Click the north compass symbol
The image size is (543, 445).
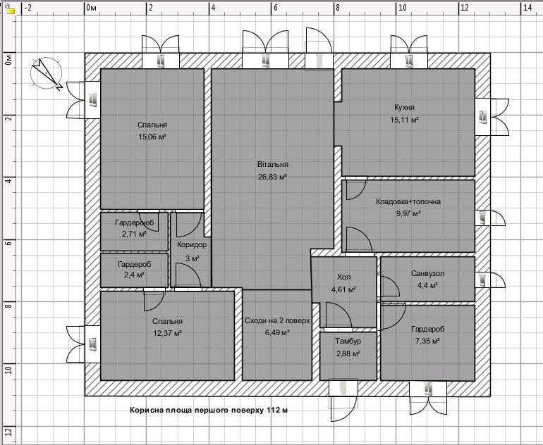tap(47, 73)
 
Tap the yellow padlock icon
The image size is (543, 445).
tap(10, 9)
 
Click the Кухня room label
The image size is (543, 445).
tap(404, 107)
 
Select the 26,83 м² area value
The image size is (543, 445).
tap(272, 177)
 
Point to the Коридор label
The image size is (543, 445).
tap(192, 245)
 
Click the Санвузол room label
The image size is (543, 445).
tap(427, 273)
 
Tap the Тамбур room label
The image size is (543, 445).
tap(348, 341)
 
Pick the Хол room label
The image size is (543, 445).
tap(343, 277)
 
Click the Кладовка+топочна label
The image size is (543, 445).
tap(408, 201)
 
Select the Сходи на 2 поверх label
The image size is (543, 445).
tap(277, 320)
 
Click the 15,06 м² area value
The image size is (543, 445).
tap(152, 137)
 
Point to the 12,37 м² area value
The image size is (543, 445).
tap(167, 333)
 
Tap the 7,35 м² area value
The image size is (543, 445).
tap(427, 341)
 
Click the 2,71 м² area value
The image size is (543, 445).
tap(134, 234)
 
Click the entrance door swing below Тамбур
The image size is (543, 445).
tap(343, 408)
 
